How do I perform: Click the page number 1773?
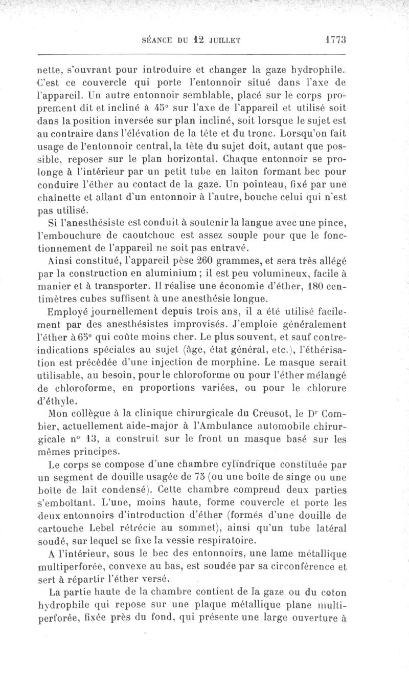(335, 38)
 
